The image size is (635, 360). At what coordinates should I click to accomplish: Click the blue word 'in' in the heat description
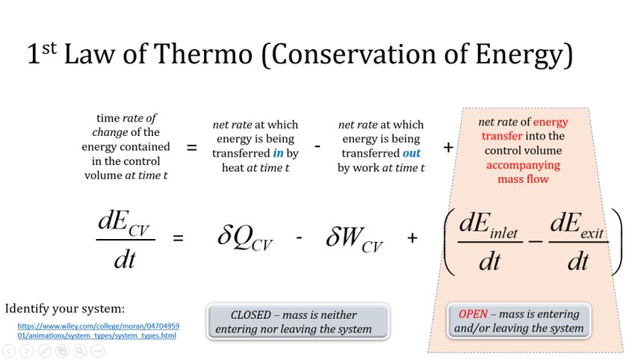[x=278, y=153]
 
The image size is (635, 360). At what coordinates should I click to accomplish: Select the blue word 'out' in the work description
[x=412, y=153]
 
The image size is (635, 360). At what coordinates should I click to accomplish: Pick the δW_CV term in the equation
[x=354, y=238]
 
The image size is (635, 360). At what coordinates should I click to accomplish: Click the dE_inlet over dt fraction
[x=489, y=241]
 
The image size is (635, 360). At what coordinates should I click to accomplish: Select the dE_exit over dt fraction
[x=578, y=241]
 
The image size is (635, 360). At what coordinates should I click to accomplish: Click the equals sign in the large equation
[x=179, y=238]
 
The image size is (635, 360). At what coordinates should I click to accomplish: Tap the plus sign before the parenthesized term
[x=412, y=238]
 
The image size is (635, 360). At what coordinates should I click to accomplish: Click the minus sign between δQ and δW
[x=299, y=238]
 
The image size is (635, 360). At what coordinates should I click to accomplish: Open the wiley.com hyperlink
[x=98, y=330]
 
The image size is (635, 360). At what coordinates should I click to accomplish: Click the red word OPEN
[x=473, y=314]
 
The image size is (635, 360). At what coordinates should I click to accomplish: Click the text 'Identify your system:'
[x=65, y=308]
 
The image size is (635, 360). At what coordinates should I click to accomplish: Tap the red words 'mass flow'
[x=523, y=179]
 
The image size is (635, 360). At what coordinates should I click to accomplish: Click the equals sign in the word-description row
[x=191, y=147]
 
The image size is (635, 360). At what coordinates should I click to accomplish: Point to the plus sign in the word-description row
[x=448, y=147]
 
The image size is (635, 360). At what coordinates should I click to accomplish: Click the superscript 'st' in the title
[x=49, y=49]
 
